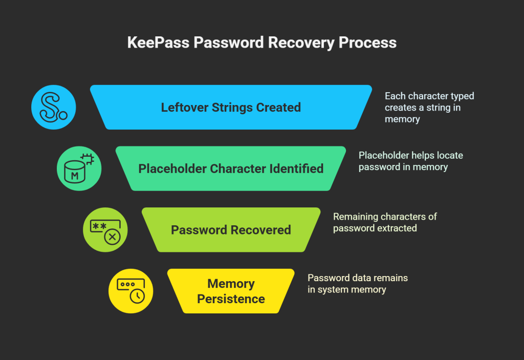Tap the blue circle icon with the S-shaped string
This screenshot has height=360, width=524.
[53, 107]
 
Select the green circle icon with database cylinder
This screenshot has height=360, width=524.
[79, 168]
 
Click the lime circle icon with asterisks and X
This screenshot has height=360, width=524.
[105, 230]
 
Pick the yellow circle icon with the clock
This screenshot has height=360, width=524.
[130, 291]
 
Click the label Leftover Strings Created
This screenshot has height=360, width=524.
[231, 108]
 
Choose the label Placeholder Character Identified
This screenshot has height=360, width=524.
[231, 168]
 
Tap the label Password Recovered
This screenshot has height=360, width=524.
[231, 230]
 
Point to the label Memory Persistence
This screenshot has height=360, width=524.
[231, 291]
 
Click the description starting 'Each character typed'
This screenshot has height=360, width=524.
[429, 108]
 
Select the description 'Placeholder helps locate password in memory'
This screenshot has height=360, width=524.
[410, 161]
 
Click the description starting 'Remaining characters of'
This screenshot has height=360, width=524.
[385, 222]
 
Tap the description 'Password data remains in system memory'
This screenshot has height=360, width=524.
[357, 284]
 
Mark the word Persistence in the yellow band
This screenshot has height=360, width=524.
[231, 299]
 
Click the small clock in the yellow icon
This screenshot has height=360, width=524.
[137, 297]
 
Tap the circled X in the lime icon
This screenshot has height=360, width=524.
[112, 237]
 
